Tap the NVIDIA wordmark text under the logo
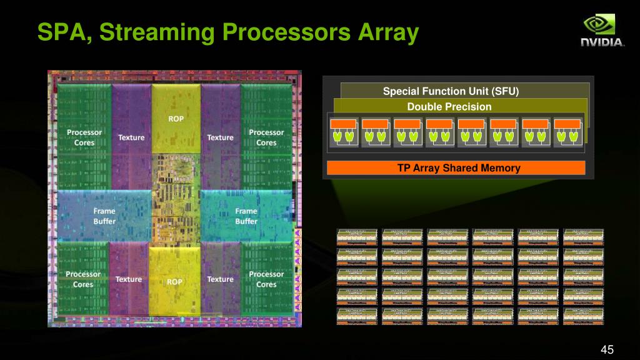pyautogui.click(x=602, y=42)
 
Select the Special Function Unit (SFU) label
pyautogui.click(x=451, y=92)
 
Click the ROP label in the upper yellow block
pyautogui.click(x=176, y=118)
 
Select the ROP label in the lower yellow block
pyautogui.click(x=175, y=282)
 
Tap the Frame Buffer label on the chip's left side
pyautogui.click(x=104, y=216)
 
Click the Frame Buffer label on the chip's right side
pyautogui.click(x=246, y=216)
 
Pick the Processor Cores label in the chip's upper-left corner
pyautogui.click(x=84, y=137)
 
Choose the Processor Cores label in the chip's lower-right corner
pyautogui.click(x=266, y=279)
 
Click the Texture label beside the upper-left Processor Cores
pyautogui.click(x=131, y=137)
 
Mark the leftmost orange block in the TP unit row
pyautogui.click(x=344, y=124)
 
